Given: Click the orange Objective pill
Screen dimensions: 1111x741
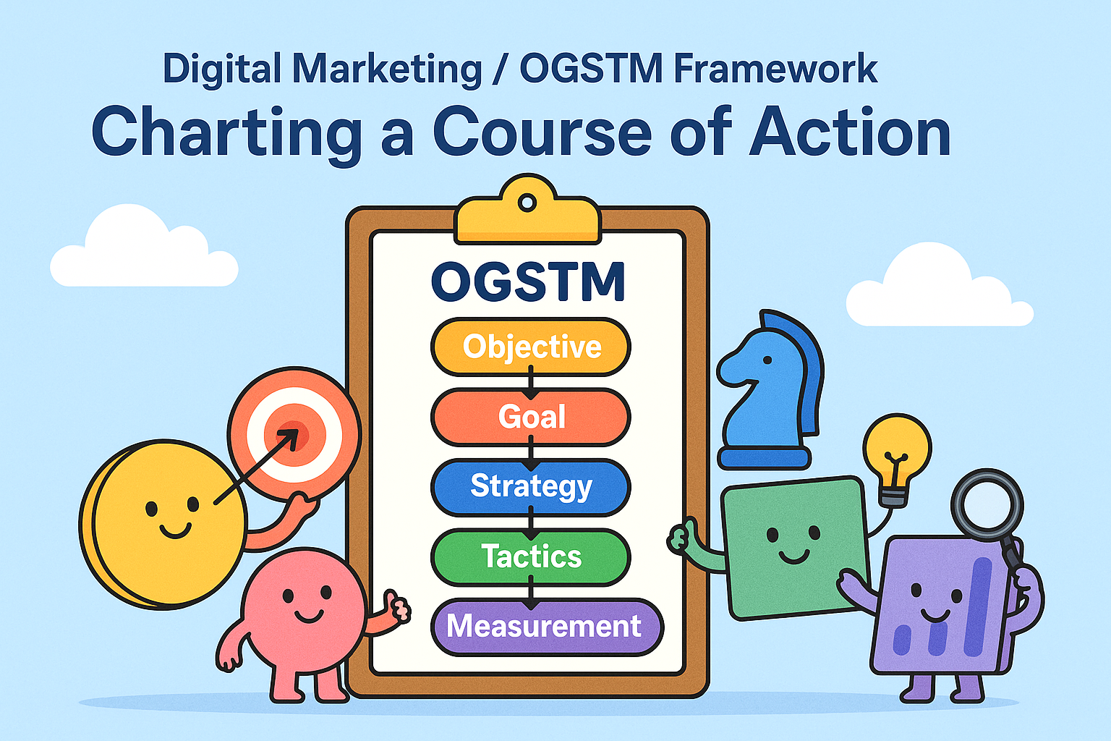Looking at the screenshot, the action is (531, 347).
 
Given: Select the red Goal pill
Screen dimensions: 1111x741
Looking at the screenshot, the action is (531, 417).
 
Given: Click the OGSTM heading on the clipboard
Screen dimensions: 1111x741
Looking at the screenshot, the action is (528, 281).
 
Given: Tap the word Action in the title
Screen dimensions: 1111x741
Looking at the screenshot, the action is (849, 132).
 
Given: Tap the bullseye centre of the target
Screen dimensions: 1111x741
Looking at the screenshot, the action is (293, 436).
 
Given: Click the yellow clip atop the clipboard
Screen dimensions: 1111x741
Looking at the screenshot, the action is (527, 211).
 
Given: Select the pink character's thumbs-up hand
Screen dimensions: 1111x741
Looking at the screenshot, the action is (397, 606).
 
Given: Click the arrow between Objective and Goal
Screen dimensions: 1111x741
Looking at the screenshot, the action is (531, 383).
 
